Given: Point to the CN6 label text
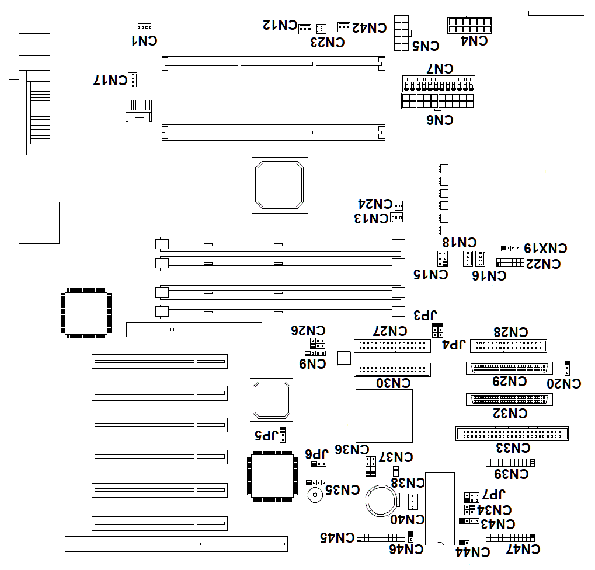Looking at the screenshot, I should [440, 120].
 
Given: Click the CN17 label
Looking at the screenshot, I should [110, 80].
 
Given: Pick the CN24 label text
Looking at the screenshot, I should [374, 204].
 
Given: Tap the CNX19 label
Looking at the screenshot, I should [545, 248].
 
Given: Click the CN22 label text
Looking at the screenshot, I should [542, 264].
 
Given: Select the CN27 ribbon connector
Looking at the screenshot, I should [392, 345].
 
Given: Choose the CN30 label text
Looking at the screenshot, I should [392, 383].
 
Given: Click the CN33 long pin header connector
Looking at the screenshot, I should [512, 433].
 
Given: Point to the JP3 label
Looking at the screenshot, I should [425, 316].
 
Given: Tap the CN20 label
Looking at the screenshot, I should [563, 383].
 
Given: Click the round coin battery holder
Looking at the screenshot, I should [383, 502].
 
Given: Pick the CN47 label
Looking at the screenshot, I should [523, 549].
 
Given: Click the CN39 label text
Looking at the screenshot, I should [511, 474].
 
